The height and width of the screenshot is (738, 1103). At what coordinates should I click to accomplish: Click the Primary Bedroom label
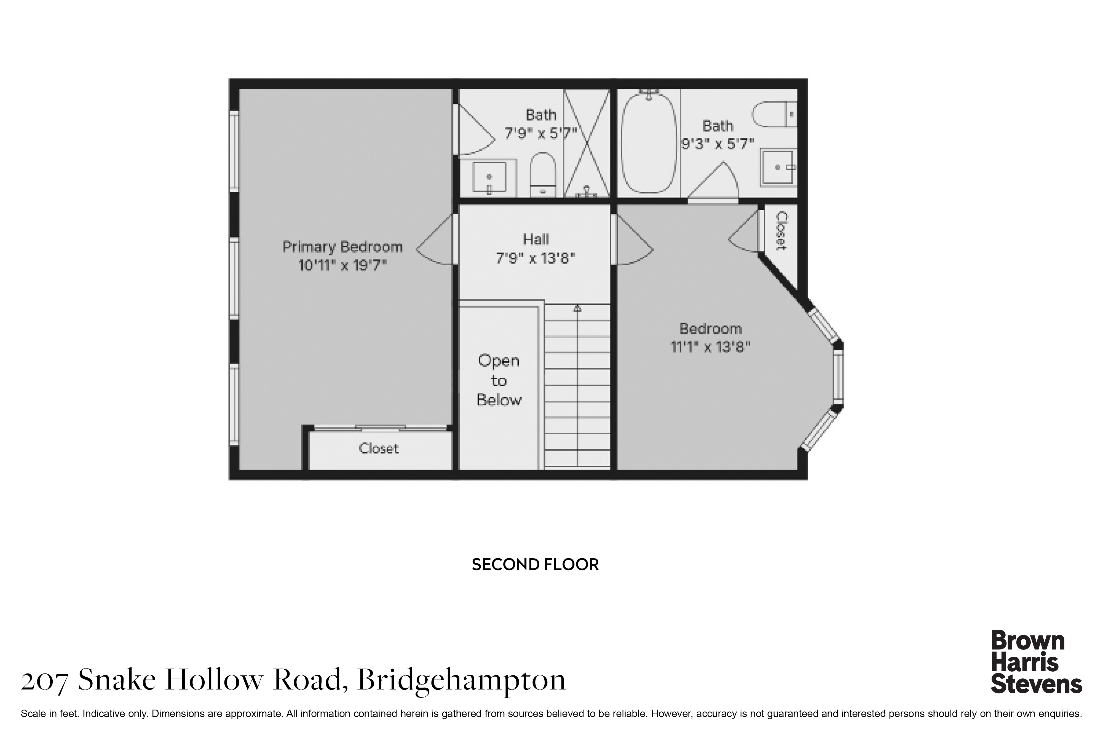click(342, 247)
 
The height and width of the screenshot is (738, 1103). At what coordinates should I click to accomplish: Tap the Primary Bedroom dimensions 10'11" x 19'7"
click(342, 266)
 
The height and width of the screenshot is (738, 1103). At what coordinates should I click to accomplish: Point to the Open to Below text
click(499, 380)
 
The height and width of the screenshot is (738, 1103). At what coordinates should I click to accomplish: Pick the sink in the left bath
click(490, 177)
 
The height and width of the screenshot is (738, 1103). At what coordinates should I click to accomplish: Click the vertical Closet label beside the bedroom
click(781, 231)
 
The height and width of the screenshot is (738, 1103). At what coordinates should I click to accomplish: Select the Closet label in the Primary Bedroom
click(379, 448)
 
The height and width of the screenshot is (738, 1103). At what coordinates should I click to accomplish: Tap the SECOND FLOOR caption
click(535, 564)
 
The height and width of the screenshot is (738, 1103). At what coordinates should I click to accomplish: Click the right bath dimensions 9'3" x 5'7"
click(718, 144)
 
